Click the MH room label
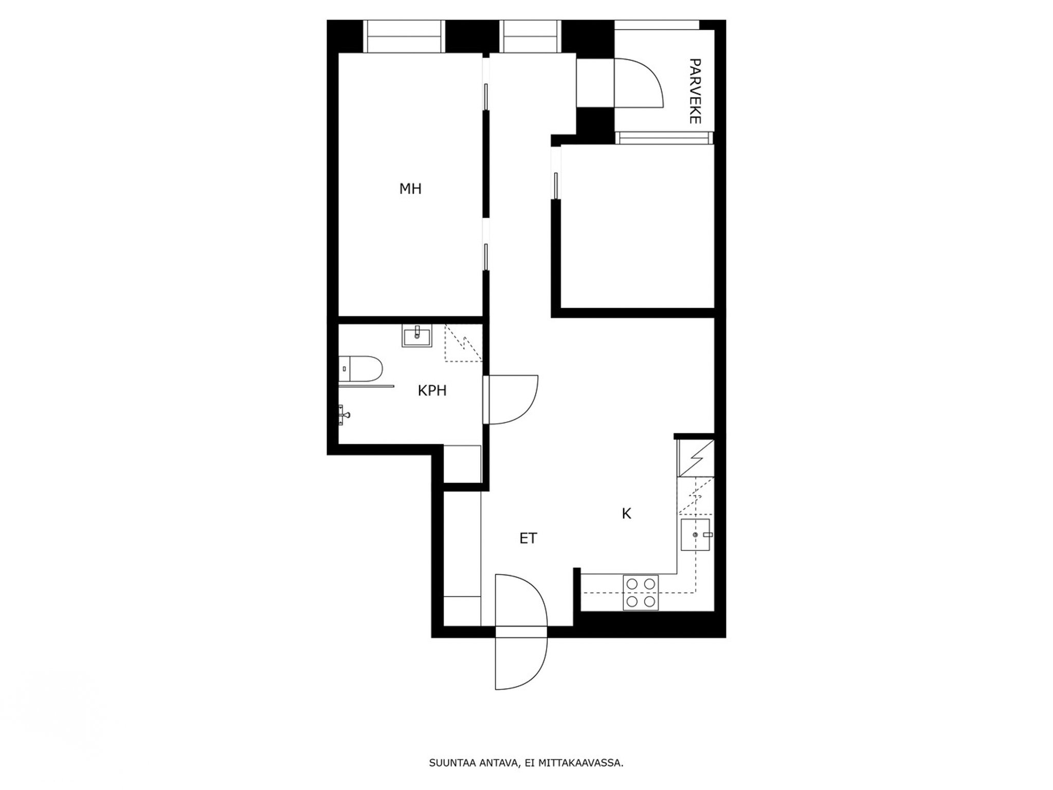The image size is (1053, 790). (x=410, y=189)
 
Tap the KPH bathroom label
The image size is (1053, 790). (x=432, y=391)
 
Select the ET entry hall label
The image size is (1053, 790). (x=528, y=538)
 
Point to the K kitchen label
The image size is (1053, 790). (x=626, y=513)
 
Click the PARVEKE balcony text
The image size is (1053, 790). (x=695, y=91)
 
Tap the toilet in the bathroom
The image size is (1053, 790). (x=361, y=368)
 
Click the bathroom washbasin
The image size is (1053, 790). (x=417, y=336)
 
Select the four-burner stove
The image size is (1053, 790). (x=641, y=592)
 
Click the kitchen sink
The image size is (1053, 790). (x=695, y=535)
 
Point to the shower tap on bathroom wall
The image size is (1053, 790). (x=343, y=415)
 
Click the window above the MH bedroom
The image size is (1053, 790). (x=404, y=37)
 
